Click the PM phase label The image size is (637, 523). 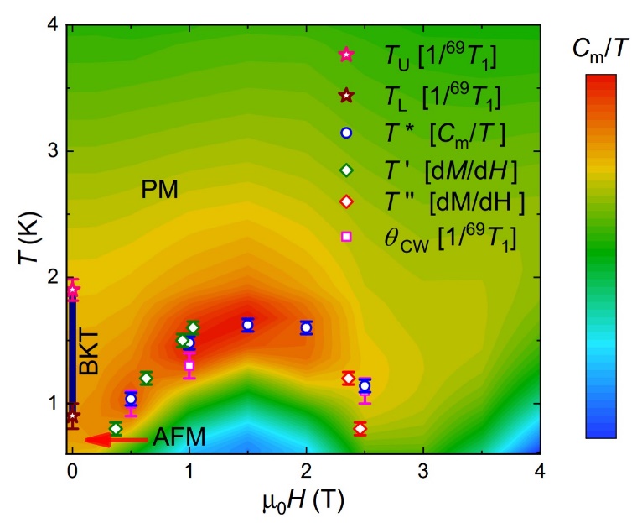(159, 190)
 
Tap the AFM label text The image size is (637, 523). (178, 437)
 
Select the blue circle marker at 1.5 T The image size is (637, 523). (248, 325)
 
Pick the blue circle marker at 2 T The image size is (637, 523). (307, 327)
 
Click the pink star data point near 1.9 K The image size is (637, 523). (73, 290)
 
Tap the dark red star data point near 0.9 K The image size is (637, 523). (73, 416)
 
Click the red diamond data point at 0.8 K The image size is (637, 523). (360, 428)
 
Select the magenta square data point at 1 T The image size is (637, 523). (189, 365)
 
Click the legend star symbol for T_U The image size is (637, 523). (346, 55)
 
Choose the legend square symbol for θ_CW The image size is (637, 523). (346, 237)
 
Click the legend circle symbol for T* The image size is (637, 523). (346, 132)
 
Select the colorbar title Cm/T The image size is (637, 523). (600, 50)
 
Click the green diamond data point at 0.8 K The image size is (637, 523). (116, 428)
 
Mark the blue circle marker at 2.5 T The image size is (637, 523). (365, 386)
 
